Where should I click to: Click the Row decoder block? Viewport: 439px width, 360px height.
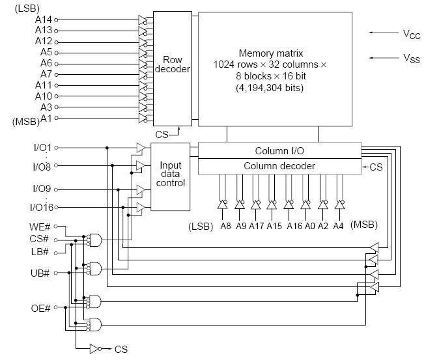click(173, 68)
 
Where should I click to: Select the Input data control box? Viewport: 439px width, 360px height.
click(170, 177)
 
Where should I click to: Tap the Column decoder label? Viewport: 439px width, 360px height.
click(279, 166)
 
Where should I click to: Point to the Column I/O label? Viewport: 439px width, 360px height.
click(279, 151)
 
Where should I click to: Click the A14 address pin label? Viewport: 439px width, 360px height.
click(44, 20)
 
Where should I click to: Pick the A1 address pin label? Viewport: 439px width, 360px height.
click(46, 118)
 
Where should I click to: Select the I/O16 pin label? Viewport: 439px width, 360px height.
click(42, 207)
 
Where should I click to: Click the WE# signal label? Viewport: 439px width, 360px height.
click(39, 227)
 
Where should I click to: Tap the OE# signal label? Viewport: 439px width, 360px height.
click(40, 309)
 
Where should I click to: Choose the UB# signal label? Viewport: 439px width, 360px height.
click(40, 273)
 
